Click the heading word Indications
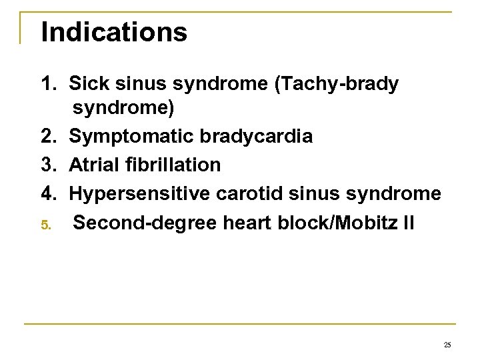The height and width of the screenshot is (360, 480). pyautogui.click(x=114, y=31)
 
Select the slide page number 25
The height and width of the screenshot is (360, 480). pyautogui.click(x=447, y=344)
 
